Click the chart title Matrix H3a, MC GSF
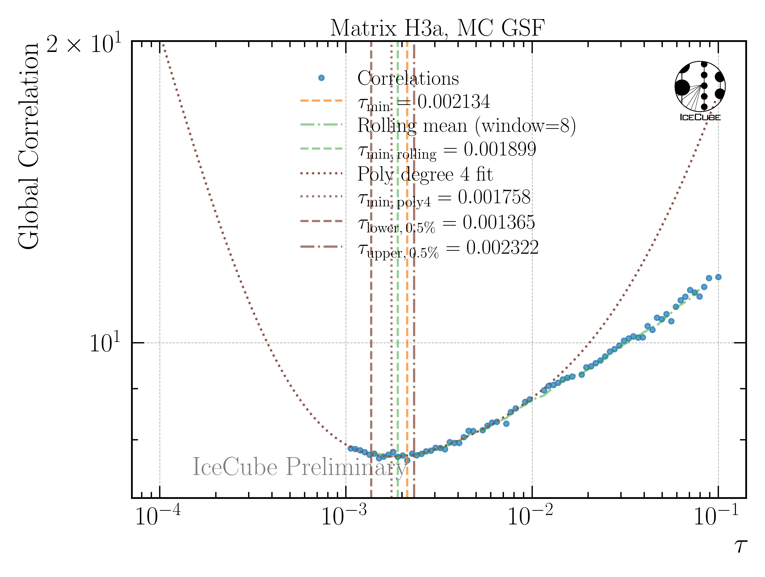click(x=438, y=28)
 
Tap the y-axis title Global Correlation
click(x=29, y=145)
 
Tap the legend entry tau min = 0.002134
click(x=424, y=102)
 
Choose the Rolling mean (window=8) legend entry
click(x=466, y=126)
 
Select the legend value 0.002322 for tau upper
click(x=502, y=247)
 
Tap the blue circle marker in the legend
click(x=321, y=78)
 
